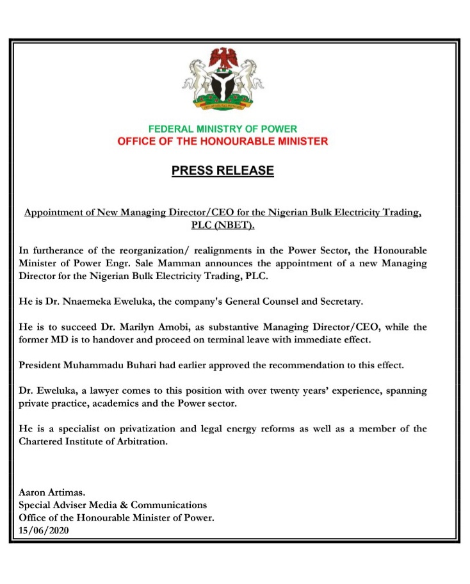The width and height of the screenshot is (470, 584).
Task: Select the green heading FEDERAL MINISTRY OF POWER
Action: pos(222,129)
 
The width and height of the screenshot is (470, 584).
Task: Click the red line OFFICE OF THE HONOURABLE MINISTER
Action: pos(222,141)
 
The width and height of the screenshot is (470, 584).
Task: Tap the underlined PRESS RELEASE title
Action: pos(223,171)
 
